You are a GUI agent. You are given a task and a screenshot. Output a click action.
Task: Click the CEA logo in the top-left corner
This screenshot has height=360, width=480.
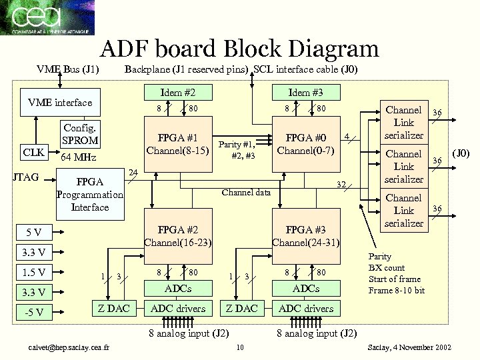[x=47, y=17]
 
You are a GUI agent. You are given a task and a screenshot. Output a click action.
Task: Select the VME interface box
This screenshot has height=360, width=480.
[x=59, y=103]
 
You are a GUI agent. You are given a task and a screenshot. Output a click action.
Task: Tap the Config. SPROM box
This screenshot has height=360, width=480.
[x=80, y=134]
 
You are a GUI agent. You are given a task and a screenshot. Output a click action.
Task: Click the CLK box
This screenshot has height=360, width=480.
[x=33, y=152]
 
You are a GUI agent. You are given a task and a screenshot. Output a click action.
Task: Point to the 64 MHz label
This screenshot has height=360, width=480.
[x=79, y=158]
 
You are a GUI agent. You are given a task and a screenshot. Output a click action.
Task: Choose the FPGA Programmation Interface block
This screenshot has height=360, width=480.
[x=90, y=194]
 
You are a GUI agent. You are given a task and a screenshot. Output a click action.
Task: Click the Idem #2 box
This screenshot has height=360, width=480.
[x=178, y=91]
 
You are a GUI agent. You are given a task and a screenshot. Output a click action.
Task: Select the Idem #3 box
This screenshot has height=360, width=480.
[x=305, y=91]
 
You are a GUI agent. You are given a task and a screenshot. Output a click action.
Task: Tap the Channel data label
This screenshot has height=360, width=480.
[x=246, y=193]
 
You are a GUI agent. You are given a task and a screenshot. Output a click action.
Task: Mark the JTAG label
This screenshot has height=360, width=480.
[x=25, y=177]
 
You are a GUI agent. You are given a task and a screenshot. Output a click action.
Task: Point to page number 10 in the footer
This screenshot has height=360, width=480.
[x=240, y=347]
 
